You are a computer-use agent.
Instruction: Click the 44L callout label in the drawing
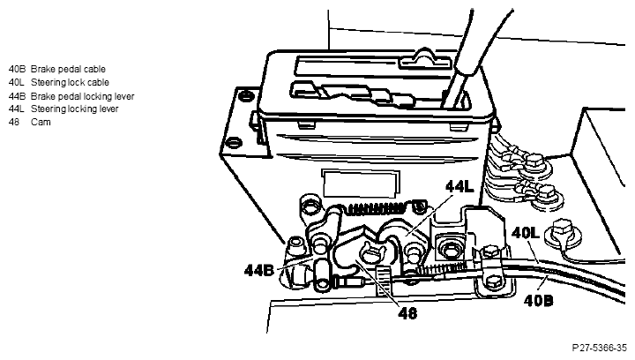click(459, 187)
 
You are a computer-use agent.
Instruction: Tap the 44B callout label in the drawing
click(258, 270)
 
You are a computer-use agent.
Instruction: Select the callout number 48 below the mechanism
click(407, 313)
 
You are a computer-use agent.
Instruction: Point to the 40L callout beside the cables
click(526, 233)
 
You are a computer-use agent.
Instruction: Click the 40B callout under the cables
click(538, 301)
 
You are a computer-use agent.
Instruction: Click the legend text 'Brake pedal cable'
click(68, 69)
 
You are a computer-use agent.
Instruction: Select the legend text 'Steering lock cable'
click(70, 83)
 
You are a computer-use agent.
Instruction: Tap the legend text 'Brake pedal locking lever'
click(83, 96)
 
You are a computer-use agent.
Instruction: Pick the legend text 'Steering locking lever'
click(74, 109)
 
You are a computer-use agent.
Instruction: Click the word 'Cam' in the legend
click(41, 123)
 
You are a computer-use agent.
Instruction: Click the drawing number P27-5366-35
click(600, 348)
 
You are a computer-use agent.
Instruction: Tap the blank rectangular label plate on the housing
click(360, 183)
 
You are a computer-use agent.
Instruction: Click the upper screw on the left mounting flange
click(246, 96)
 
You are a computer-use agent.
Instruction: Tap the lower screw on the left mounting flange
click(234, 143)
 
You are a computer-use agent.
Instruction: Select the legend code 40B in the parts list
click(17, 69)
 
